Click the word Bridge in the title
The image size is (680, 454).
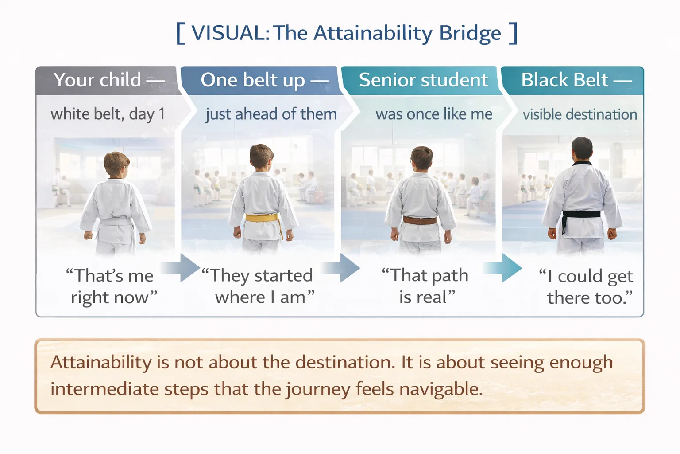point(470,34)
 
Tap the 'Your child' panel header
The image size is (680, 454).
point(108,80)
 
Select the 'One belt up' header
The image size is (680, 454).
point(264,80)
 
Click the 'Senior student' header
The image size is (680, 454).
point(423,80)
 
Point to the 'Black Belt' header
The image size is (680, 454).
point(576,80)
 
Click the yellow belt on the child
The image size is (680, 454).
point(262,218)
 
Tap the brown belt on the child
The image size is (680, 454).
point(419,220)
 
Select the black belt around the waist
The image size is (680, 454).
point(581,215)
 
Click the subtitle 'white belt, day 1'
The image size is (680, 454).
point(108,114)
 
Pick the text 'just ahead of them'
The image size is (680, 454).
point(271,114)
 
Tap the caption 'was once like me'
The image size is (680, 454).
point(434,114)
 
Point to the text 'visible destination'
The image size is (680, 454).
point(580,114)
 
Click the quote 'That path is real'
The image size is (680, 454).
point(425,286)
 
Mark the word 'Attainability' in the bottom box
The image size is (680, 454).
point(101,363)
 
